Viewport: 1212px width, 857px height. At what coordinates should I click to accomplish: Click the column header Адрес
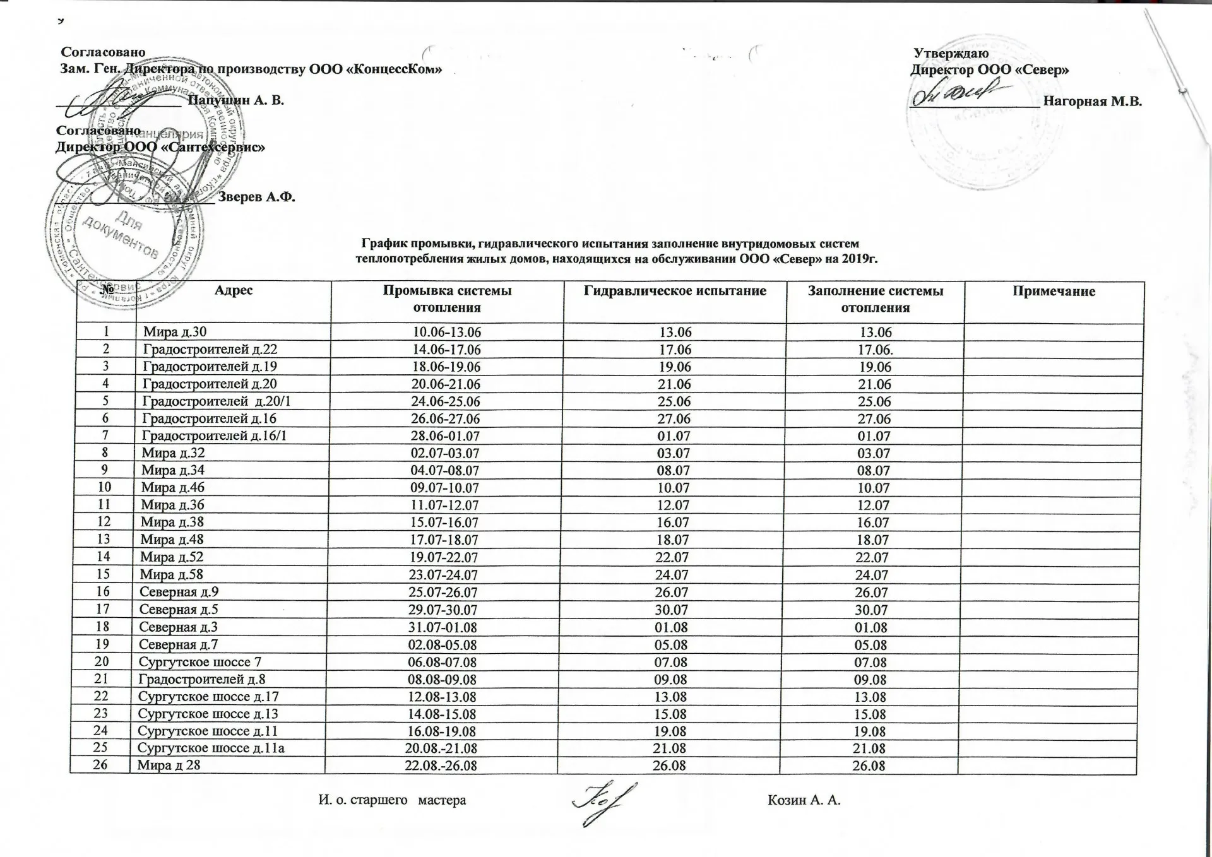pyautogui.click(x=234, y=290)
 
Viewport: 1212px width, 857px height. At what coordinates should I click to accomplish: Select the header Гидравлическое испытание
pyautogui.click(x=675, y=291)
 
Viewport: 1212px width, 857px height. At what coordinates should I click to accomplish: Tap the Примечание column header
pyautogui.click(x=1054, y=291)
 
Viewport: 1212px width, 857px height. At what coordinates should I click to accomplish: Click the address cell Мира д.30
pyautogui.click(x=174, y=332)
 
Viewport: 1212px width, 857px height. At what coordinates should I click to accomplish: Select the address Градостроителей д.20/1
pyautogui.click(x=216, y=401)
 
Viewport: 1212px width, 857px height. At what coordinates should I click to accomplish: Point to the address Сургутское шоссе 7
pyautogui.click(x=199, y=662)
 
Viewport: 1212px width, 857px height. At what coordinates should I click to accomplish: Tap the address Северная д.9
pyautogui.click(x=179, y=593)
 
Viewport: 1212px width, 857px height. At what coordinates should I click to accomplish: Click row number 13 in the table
pyautogui.click(x=104, y=540)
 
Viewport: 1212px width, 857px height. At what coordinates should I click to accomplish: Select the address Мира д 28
pyautogui.click(x=169, y=765)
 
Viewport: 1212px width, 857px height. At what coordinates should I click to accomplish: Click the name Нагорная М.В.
pyautogui.click(x=1093, y=101)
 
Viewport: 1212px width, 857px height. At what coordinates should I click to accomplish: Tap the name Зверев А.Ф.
pyautogui.click(x=256, y=197)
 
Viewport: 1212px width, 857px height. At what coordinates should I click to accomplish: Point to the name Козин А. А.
pyautogui.click(x=804, y=801)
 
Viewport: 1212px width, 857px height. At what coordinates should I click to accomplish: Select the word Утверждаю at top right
pyautogui.click(x=951, y=54)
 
